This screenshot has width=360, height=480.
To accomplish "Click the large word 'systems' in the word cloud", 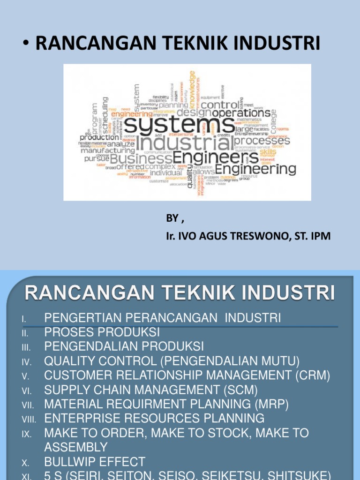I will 180,126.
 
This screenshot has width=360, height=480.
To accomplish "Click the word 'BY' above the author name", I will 172,218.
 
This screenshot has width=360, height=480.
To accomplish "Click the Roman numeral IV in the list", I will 26,362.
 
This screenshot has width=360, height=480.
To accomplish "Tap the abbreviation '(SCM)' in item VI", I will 236,390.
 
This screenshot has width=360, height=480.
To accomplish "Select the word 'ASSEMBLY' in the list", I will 76,447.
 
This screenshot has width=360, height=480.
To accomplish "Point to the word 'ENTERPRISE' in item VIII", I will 81,419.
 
